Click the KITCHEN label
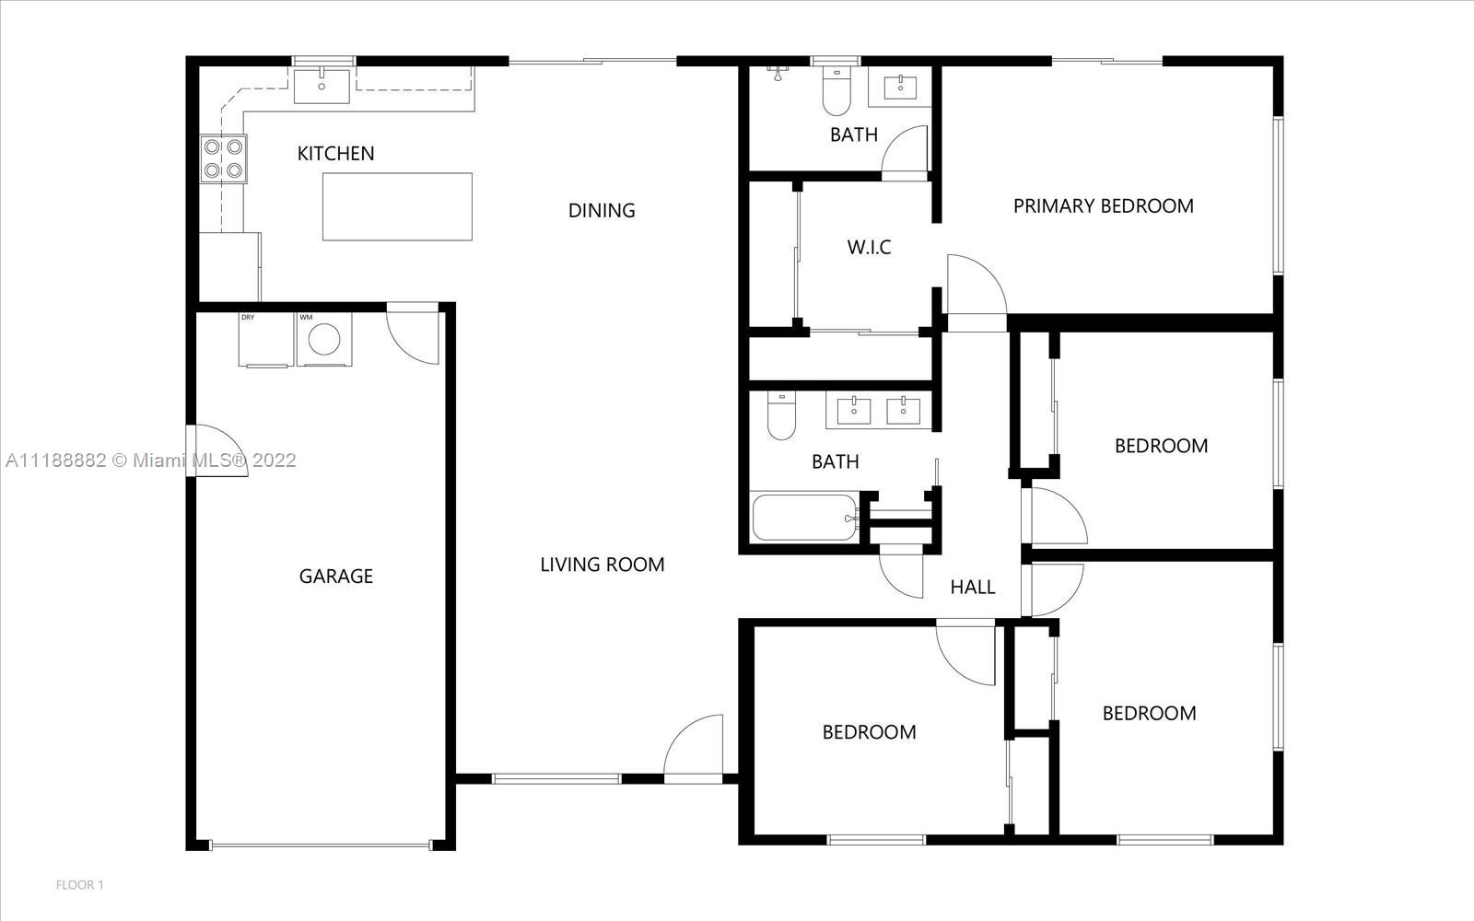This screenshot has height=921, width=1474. tap(335, 153)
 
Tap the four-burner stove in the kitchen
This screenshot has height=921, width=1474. tap(224, 158)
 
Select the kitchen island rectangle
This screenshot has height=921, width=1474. tap(397, 206)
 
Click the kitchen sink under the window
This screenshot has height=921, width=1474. tap(322, 86)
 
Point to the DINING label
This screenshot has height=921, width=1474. tap(602, 211)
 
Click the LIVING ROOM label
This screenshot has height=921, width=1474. tap(602, 565)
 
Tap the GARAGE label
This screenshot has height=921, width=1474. tap(335, 577)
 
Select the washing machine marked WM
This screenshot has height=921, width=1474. tap(323, 339)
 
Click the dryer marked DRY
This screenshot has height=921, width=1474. tap(266, 339)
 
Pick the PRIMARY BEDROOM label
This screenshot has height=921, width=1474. tap(1103, 206)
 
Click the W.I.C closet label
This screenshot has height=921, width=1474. tap(869, 248)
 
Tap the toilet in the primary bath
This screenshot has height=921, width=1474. tap(836, 91)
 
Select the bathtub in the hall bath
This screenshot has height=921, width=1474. tap(805, 517)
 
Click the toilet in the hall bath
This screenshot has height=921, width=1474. tap(781, 415)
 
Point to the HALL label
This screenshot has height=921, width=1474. tap(973, 587)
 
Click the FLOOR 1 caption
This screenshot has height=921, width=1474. tap(79, 885)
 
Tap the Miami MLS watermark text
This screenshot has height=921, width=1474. tap(151, 460)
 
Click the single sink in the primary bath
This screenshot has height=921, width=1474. tap(899, 87)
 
